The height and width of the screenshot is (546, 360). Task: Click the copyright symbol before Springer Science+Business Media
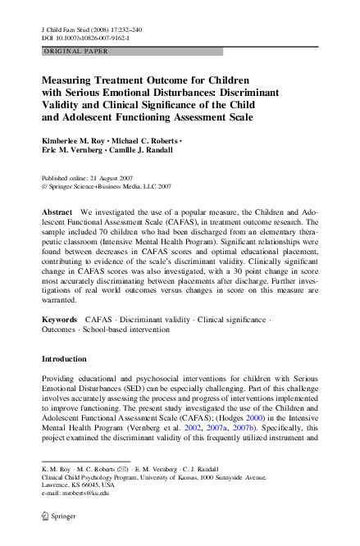tap(43, 187)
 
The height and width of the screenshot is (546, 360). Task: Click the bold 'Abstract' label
tap(57, 212)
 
